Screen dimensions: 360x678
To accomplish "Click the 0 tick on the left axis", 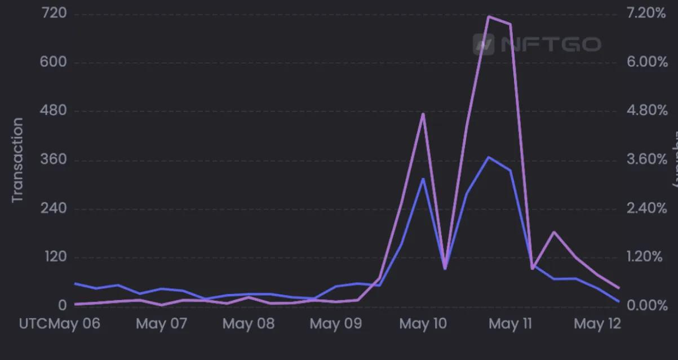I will [x=62, y=306].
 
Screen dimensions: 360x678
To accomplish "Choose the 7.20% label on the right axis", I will [x=647, y=13].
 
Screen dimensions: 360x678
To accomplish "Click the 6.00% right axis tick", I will [x=647, y=62].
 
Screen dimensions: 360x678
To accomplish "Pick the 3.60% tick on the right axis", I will [x=647, y=159].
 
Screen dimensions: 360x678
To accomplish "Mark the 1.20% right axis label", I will [x=647, y=257].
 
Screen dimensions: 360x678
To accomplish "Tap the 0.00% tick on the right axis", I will [x=647, y=306].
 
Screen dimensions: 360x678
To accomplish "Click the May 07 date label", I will [x=161, y=324].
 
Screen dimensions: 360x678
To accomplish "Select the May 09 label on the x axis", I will [x=336, y=324].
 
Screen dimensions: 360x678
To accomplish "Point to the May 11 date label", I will [x=511, y=324].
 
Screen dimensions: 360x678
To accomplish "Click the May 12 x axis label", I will [x=597, y=324].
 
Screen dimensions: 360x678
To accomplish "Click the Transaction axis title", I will [x=17, y=159].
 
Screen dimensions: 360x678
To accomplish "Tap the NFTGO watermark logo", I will [x=537, y=44].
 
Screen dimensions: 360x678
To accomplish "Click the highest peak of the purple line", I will [x=489, y=16].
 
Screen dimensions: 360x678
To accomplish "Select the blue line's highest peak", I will [x=489, y=157].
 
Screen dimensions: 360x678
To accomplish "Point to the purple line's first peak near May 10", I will [x=423, y=114].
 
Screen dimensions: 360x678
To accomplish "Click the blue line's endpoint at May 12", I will [x=619, y=301].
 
